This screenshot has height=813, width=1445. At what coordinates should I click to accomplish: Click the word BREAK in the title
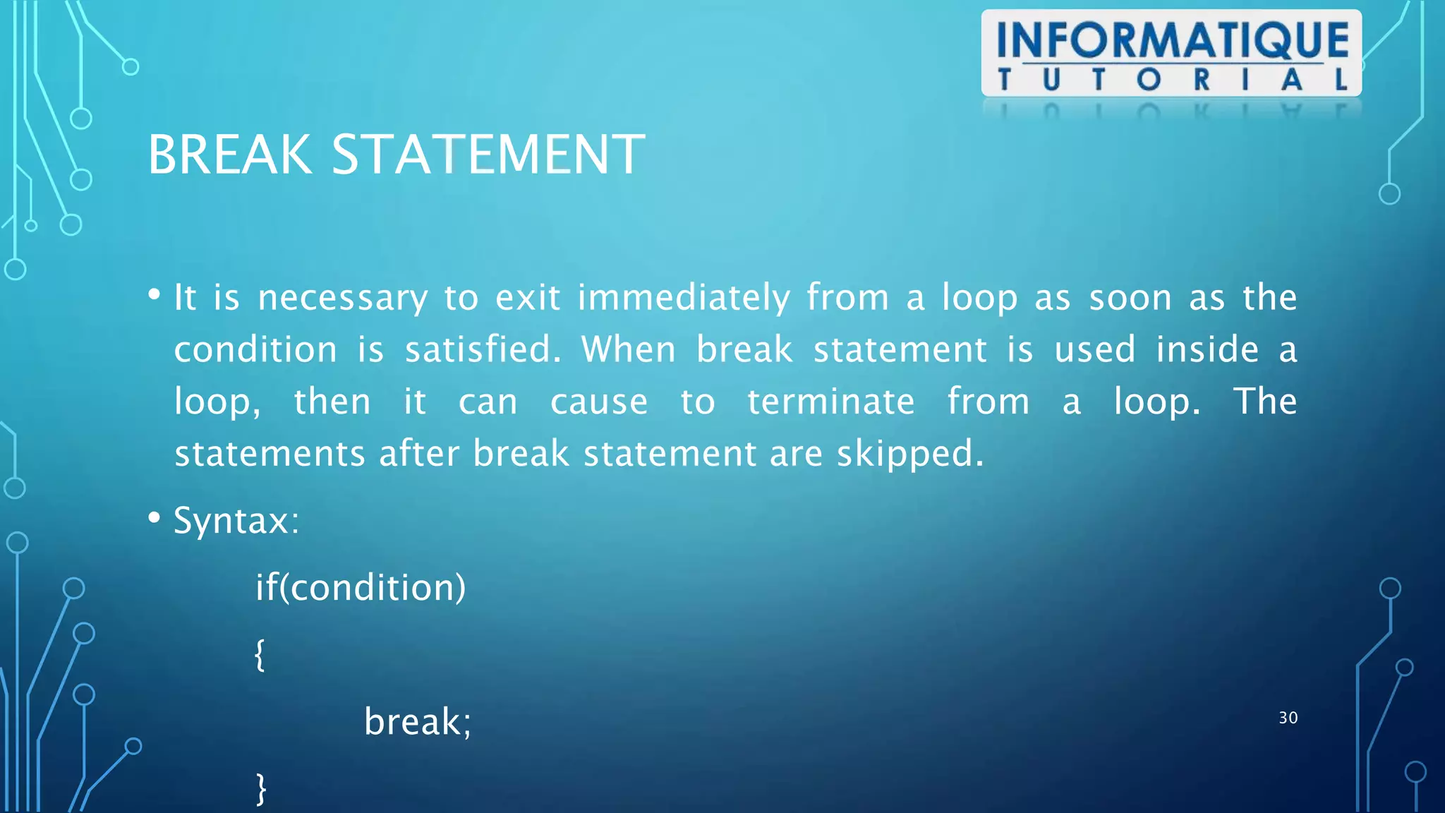(x=229, y=155)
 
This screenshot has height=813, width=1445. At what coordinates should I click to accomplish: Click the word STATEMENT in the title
(x=488, y=155)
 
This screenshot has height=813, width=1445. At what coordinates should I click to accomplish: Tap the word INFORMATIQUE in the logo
(x=1172, y=40)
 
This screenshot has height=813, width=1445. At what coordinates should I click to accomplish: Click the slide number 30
(x=1288, y=718)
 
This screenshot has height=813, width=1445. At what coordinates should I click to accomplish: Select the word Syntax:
(x=236, y=522)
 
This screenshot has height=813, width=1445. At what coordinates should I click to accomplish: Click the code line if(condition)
(x=361, y=587)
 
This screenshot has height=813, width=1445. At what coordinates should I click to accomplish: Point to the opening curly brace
(x=260, y=654)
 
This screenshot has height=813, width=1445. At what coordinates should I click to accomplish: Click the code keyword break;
(x=417, y=722)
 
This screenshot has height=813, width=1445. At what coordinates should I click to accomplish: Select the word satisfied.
(x=483, y=349)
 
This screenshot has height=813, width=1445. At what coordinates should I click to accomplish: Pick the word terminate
(x=830, y=402)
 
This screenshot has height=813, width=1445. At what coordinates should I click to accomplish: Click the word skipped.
(x=909, y=454)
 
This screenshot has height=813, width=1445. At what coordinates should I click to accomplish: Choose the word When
(x=628, y=349)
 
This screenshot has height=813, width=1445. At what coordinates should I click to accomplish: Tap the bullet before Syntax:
(x=155, y=519)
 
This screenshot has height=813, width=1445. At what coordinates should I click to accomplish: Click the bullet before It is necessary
(x=155, y=295)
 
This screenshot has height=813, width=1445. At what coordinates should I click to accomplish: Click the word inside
(x=1207, y=349)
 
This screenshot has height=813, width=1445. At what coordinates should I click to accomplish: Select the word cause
(x=598, y=402)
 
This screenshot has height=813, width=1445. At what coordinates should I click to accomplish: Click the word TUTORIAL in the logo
(x=1172, y=80)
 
